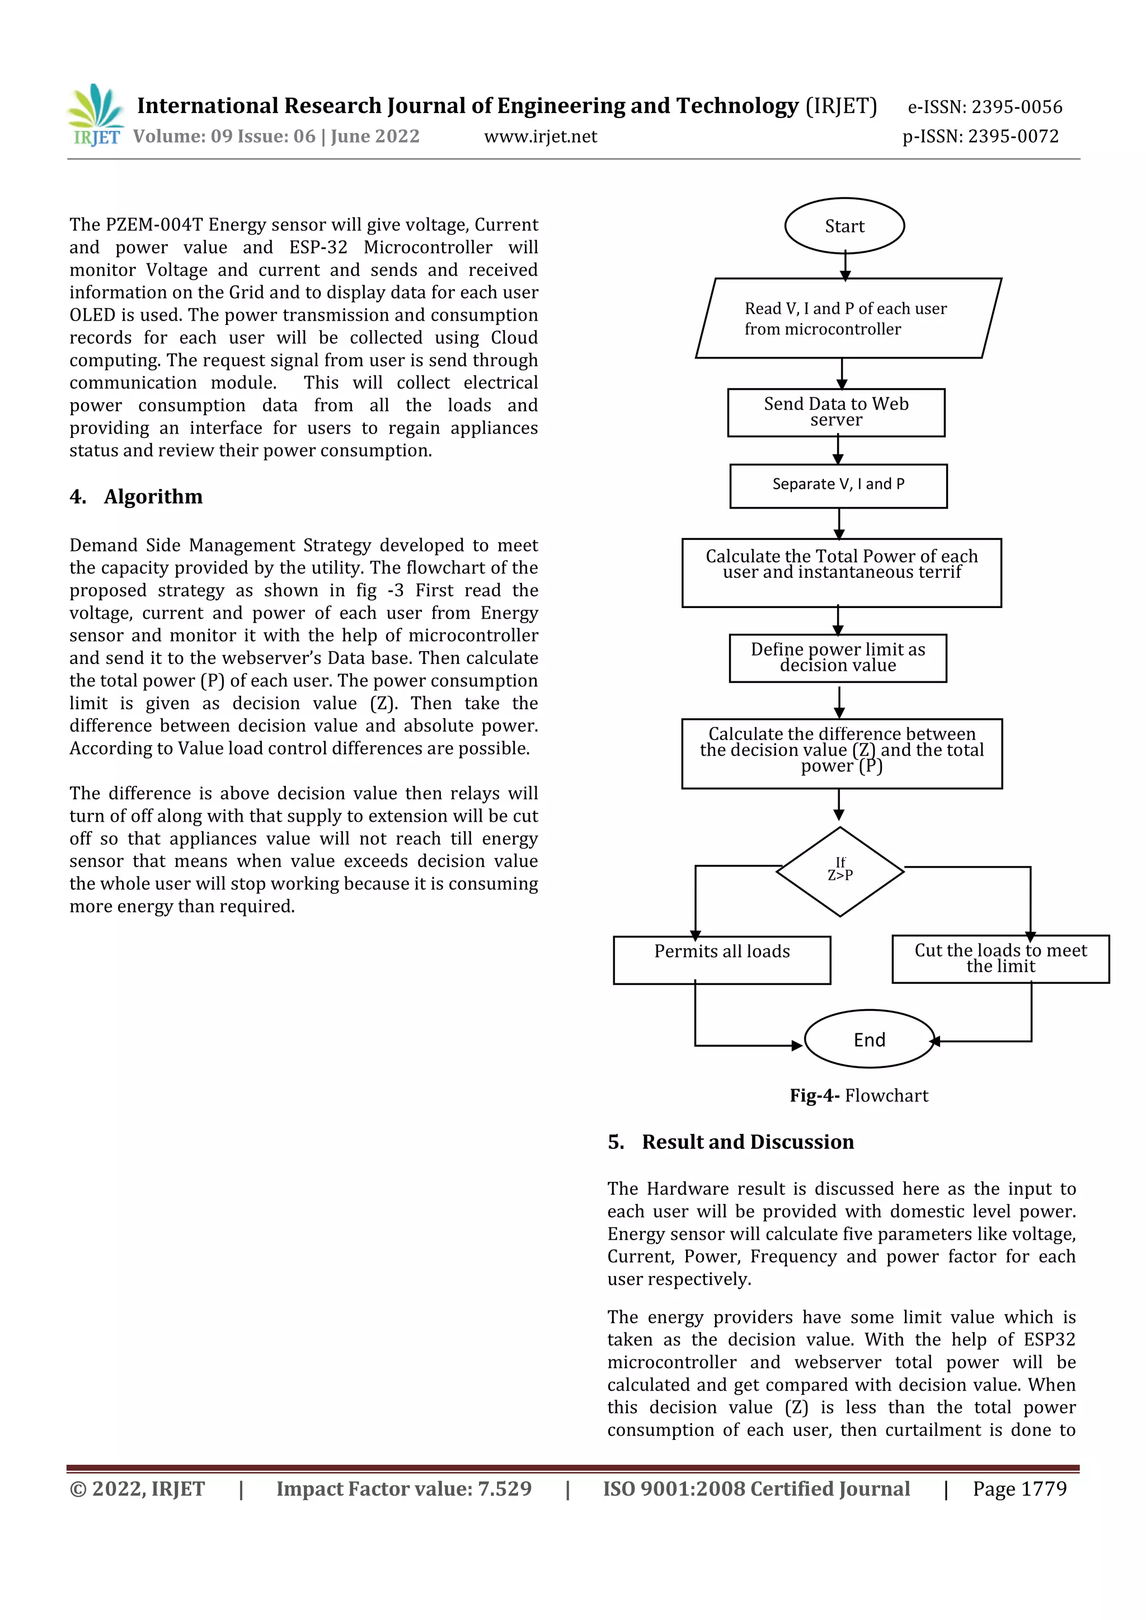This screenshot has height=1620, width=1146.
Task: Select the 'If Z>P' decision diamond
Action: [x=840, y=872]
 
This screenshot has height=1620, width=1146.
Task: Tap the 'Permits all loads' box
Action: [x=722, y=959]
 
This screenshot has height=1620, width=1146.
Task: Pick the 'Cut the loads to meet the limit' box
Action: [x=1000, y=959]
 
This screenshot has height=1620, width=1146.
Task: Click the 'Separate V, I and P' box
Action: [x=838, y=486]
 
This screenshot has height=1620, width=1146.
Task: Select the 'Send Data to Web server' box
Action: [x=836, y=412]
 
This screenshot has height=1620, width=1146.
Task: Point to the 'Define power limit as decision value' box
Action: [x=838, y=658]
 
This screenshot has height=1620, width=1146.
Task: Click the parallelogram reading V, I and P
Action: [x=847, y=318]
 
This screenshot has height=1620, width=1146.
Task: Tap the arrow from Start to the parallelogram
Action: [x=845, y=266]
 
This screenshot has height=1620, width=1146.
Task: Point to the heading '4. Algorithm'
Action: [x=136, y=497]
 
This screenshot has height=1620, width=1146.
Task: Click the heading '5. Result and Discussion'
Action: [x=730, y=1142]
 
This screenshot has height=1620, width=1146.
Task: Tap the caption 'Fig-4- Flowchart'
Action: [x=859, y=1095]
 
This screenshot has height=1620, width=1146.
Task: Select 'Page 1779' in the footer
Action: [x=1019, y=1489]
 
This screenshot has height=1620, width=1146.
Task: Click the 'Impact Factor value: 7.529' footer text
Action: [x=403, y=1489]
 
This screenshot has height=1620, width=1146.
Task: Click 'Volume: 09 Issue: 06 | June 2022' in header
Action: [x=276, y=136]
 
